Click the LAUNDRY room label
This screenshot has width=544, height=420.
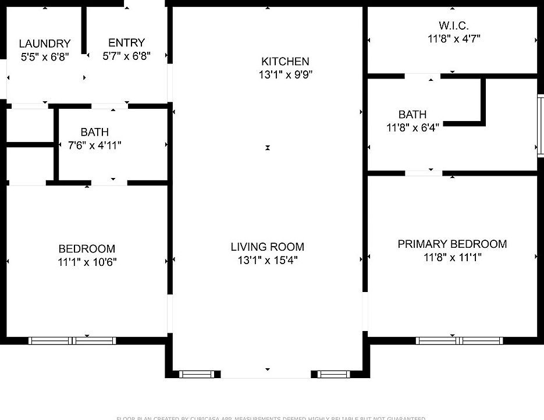pos(44,44)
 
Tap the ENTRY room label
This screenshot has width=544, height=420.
pos(126,43)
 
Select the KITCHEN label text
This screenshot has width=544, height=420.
pos(285,61)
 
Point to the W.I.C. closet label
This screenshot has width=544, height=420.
pos(453,26)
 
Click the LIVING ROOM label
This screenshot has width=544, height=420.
pos(267,247)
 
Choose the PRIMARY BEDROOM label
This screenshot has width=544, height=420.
pos(452,244)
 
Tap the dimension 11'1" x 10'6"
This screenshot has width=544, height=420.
pos(87,262)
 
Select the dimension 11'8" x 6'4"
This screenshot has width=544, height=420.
pos(412,127)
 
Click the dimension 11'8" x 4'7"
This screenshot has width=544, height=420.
pos(453,39)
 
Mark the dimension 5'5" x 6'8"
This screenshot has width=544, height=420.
pos(44,57)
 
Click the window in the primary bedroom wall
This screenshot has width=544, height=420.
pos(459,340)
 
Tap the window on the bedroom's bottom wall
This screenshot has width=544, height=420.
pos(72,341)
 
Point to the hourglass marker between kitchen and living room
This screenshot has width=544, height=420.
pos(268,148)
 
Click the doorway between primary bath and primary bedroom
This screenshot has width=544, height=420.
pos(424,173)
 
